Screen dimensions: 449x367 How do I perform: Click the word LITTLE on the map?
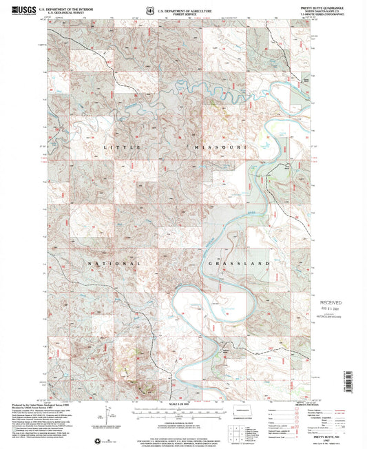pos(114,147)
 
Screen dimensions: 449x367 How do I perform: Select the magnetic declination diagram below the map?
pos(111,415)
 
